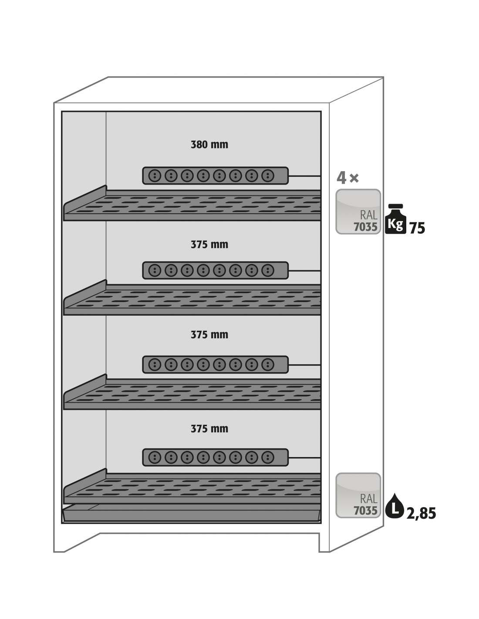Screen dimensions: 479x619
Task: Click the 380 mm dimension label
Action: pos(209,145)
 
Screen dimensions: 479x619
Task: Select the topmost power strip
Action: pos(216,176)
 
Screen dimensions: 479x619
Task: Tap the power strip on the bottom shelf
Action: pos(216,458)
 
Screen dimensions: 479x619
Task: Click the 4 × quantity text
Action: pos(347,178)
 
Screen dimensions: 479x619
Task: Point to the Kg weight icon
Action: pos(395,219)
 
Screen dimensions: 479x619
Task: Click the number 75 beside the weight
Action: pos(417,228)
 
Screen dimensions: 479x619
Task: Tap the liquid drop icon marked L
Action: pos(395,506)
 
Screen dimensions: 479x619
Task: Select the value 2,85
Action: pos(421,513)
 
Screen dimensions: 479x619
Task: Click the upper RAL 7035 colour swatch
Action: pos(358,212)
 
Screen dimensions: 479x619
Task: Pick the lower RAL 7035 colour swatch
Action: pos(358,495)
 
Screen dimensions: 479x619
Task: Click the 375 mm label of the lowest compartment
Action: pos(209,429)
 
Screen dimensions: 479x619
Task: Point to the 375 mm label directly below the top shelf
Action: pos(209,245)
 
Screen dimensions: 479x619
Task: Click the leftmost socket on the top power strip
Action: pos(155,176)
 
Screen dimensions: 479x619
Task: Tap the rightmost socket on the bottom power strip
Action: pos(268,458)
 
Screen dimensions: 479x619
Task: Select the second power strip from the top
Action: pos(216,270)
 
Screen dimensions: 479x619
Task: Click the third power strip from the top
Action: pos(216,365)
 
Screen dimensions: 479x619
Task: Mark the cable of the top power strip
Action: pos(305,176)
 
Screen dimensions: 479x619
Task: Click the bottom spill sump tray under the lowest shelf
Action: pos(192,515)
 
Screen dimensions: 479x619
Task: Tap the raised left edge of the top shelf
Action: pos(85,199)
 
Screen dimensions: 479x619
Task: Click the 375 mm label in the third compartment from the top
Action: pos(209,335)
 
